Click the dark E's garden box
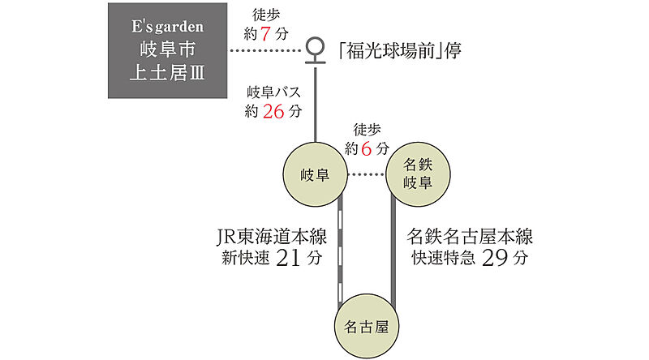[168, 50]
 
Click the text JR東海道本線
[271, 238]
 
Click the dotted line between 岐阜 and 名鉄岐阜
[365, 174]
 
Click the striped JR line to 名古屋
[342, 251]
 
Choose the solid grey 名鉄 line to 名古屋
[393, 251]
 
